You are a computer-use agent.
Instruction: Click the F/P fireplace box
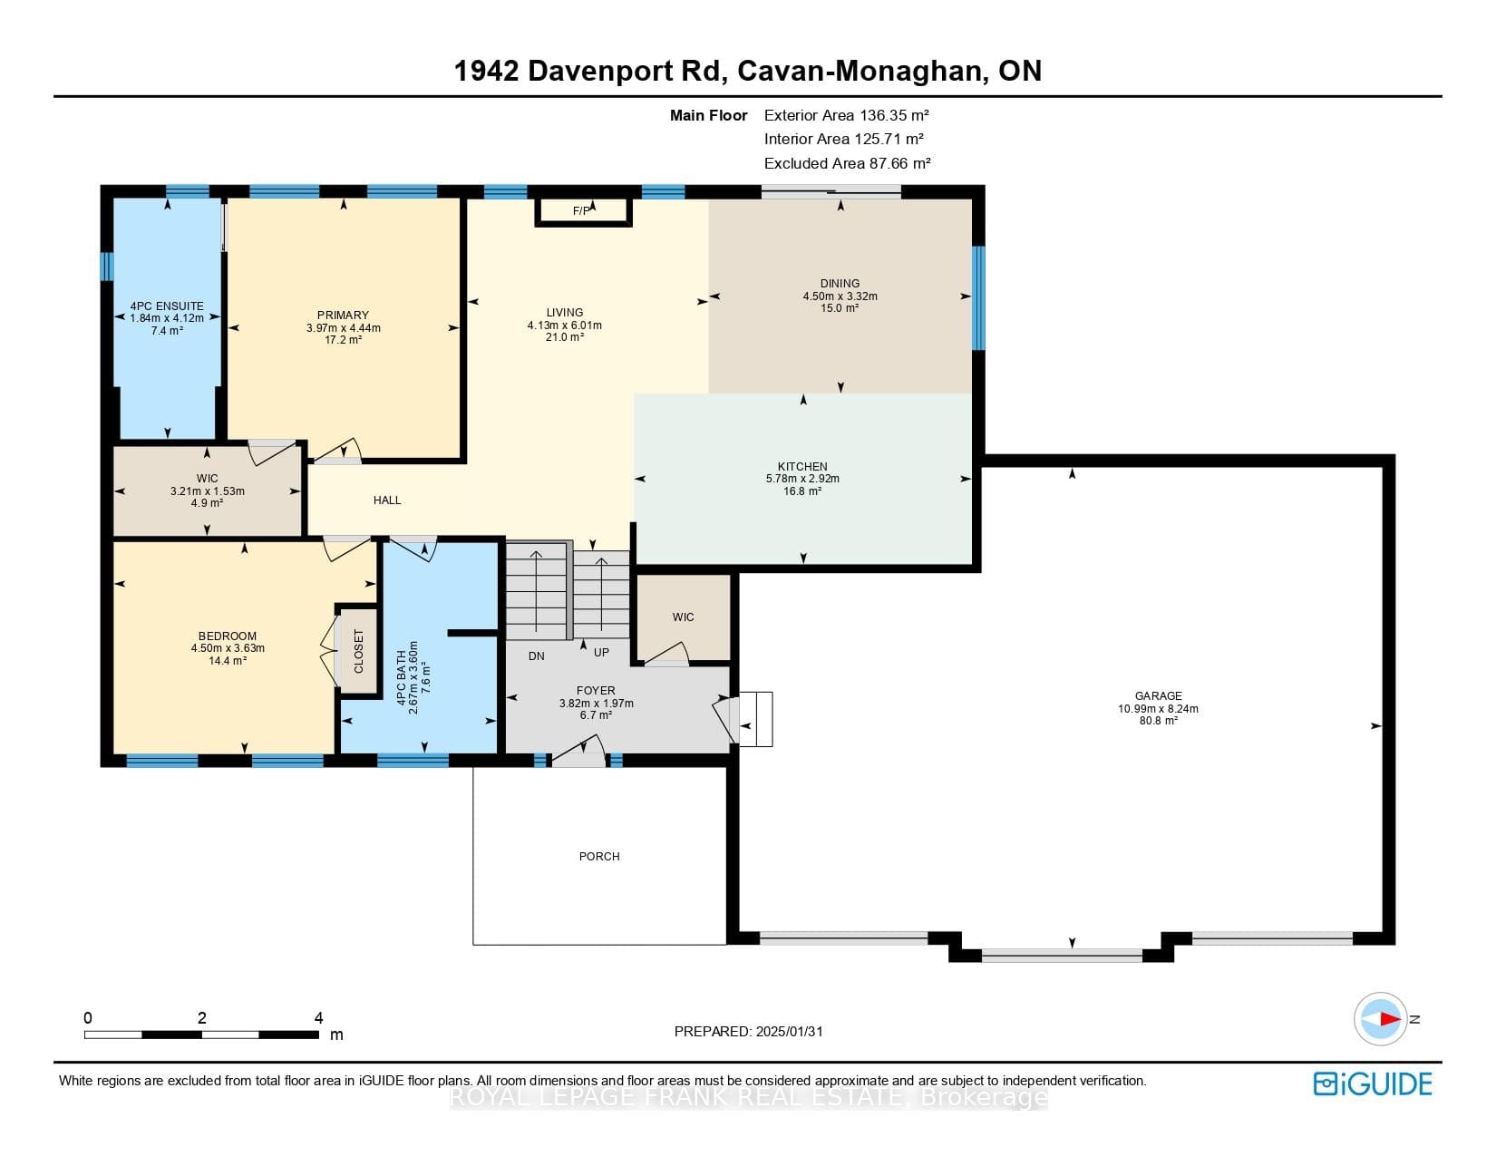click(583, 211)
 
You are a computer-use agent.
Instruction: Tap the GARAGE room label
click(1159, 696)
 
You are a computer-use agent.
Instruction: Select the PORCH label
click(599, 857)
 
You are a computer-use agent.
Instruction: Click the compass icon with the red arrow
click(1380, 1019)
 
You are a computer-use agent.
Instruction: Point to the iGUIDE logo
click(1373, 1083)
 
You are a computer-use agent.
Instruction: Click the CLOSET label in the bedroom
click(359, 651)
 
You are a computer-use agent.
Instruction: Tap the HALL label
click(387, 500)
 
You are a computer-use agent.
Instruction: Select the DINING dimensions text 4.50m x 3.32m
click(840, 296)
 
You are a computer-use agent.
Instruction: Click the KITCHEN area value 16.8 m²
click(802, 491)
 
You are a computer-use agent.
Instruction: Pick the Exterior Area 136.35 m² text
click(846, 115)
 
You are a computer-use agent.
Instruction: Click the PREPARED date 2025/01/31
click(789, 1032)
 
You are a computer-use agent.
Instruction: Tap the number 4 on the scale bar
click(319, 1017)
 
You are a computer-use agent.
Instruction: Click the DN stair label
click(537, 656)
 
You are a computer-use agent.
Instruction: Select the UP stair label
click(601, 653)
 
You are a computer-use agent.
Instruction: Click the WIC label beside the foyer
click(683, 617)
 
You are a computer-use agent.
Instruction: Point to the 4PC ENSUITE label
click(167, 306)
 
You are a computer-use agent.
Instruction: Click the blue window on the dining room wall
click(978, 298)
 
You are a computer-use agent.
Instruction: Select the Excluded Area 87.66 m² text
click(847, 163)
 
